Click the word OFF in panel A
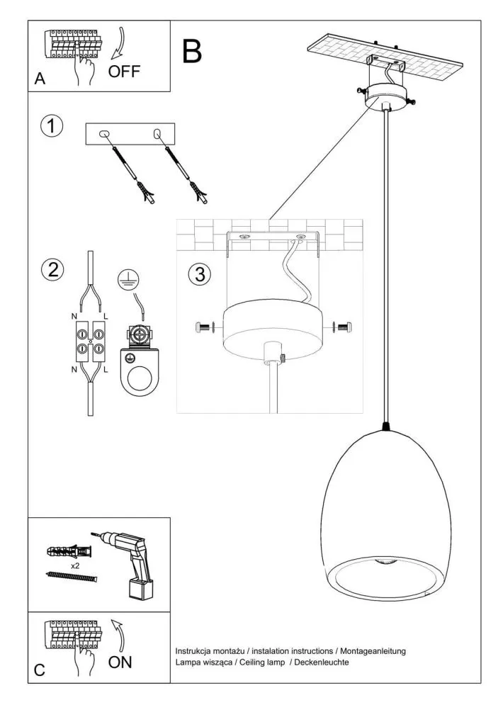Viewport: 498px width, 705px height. (x=125, y=72)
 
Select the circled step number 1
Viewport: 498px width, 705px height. (x=51, y=127)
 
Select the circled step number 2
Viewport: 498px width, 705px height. (x=51, y=270)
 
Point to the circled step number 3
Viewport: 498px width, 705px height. (x=200, y=274)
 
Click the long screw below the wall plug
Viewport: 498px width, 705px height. (x=70, y=577)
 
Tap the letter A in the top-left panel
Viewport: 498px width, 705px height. (x=40, y=80)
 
